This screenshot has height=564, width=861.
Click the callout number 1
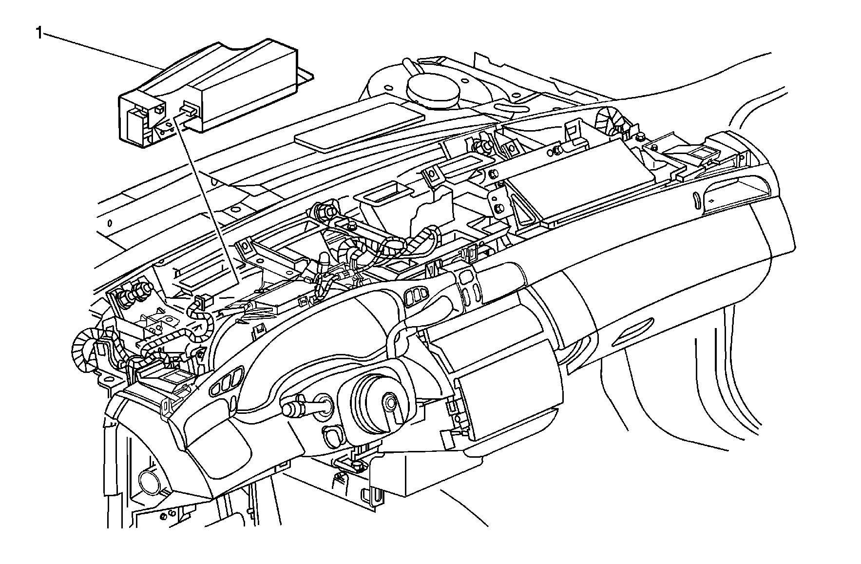[x=38, y=33]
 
